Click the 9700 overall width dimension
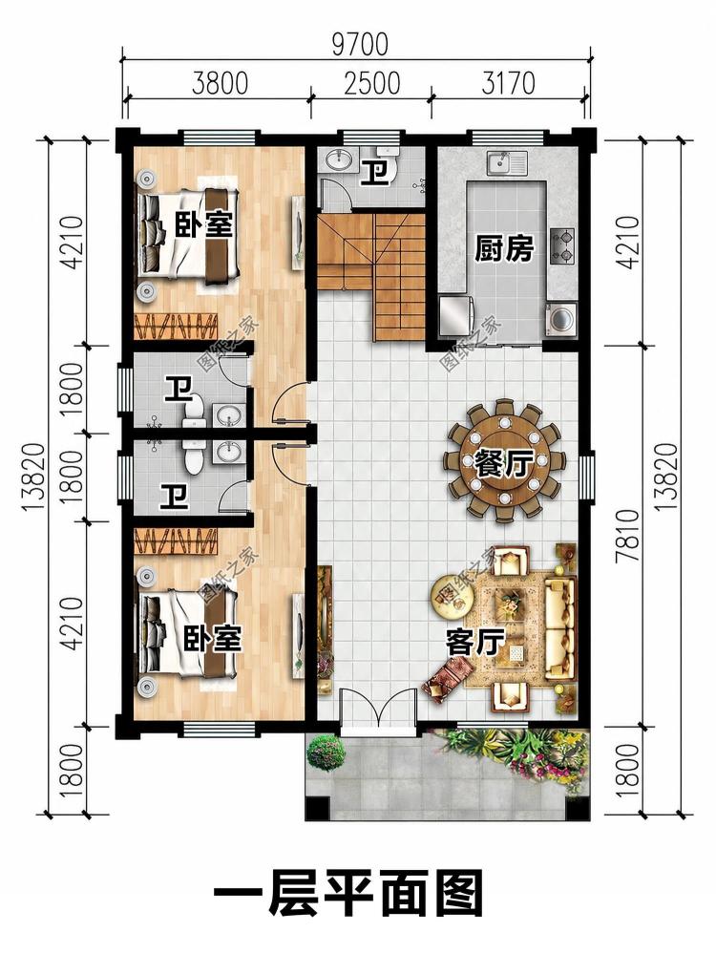[x=360, y=45]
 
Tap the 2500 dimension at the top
[x=371, y=83]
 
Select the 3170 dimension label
[x=508, y=83]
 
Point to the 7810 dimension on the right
[x=631, y=536]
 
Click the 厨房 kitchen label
[x=504, y=249]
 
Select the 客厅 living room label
[x=475, y=643]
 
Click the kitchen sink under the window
[x=507, y=163]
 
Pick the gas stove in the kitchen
[x=562, y=245]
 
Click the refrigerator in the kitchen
[x=453, y=315]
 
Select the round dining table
[x=504, y=460]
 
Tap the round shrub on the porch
[x=326, y=752]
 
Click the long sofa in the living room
[x=559, y=628]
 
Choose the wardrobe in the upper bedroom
[x=176, y=326]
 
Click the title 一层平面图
[x=348, y=895]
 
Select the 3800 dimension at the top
[x=220, y=83]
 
